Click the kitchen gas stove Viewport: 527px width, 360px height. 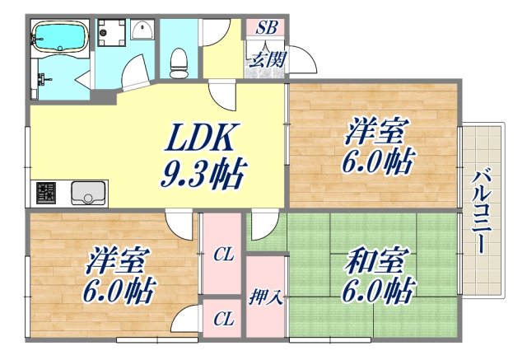click(45, 194)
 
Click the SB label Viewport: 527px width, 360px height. click(265, 26)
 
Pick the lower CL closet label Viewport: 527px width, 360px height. click(222, 317)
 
